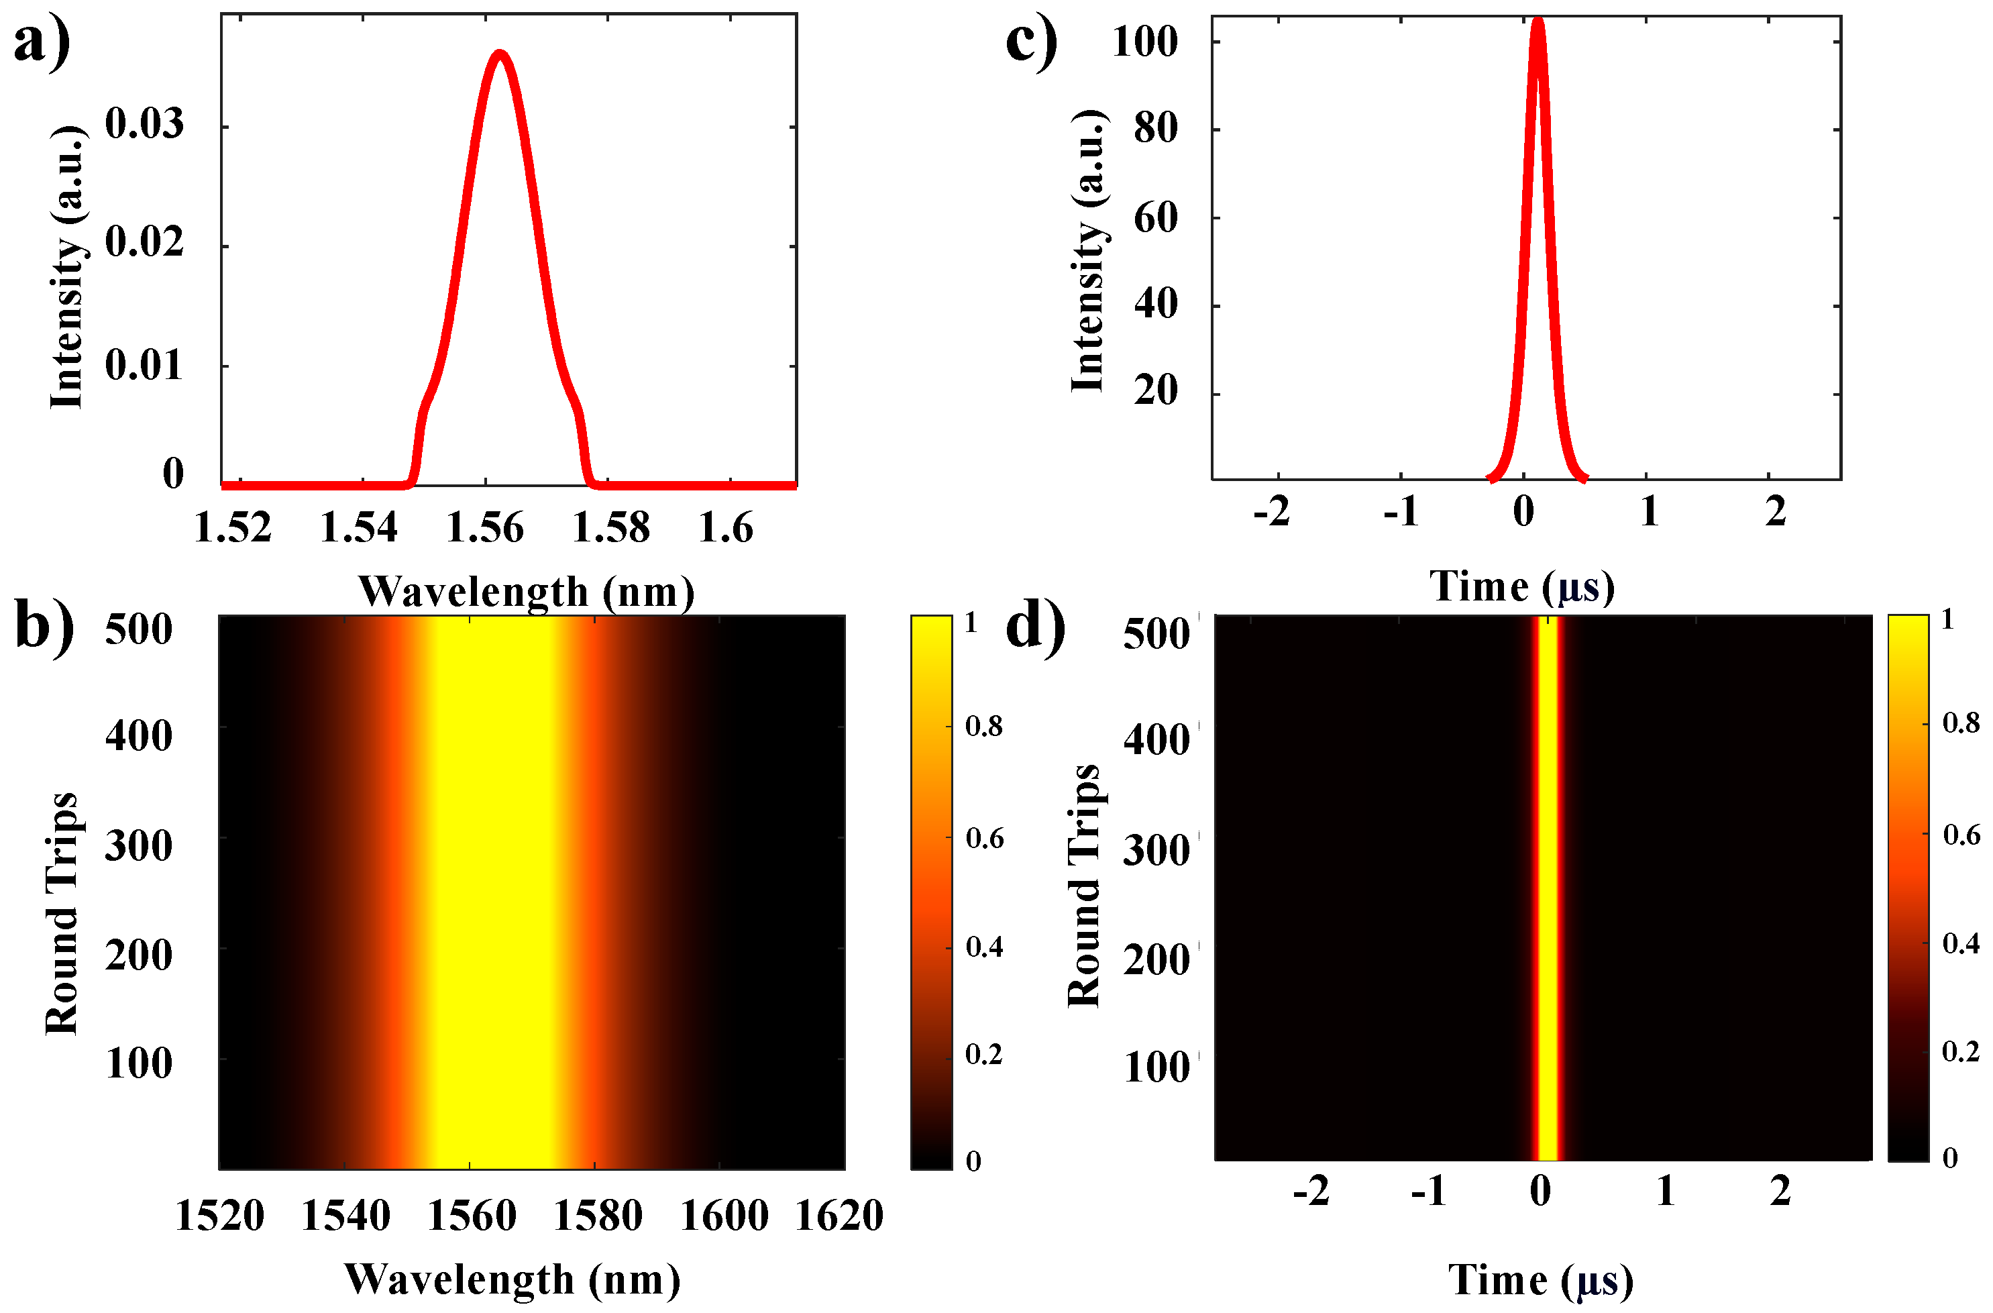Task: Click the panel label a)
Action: coord(42,40)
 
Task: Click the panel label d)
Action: coord(1035,625)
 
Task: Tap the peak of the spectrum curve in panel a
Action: coord(500,54)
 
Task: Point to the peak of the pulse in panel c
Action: coord(1538,21)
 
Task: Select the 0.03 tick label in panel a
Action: coord(144,124)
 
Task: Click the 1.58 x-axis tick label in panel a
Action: coord(610,527)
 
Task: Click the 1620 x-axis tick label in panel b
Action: coord(839,1216)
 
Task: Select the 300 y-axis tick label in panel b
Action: coord(138,845)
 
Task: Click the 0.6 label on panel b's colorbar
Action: coord(984,838)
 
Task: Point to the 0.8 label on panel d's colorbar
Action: coord(1960,723)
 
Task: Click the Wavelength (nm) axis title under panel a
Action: coord(526,591)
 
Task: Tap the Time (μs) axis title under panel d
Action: coord(1540,1279)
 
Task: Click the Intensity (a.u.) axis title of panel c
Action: coord(1088,250)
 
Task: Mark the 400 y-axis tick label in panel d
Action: coord(1156,740)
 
